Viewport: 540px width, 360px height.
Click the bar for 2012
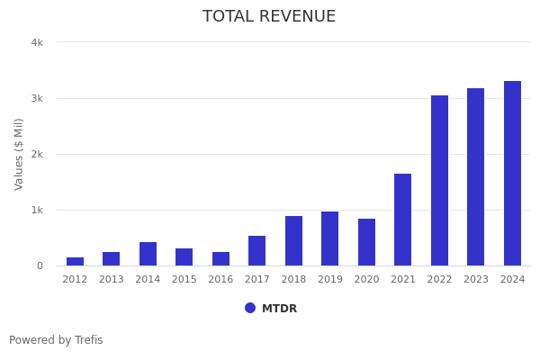coord(75,261)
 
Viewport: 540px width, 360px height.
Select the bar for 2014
coord(148,254)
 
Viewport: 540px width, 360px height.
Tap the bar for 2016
coord(220,258)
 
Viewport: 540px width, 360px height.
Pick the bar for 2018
coord(293,240)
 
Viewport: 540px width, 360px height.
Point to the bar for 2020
coord(366,242)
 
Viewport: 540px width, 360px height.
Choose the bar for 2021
coord(403,220)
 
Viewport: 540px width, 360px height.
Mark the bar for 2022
coord(439,180)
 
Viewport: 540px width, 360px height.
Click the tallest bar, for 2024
coord(512,173)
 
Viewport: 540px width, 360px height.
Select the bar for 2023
coord(476,176)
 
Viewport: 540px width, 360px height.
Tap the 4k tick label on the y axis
coord(37,42)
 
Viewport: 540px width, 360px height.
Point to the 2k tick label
coord(37,154)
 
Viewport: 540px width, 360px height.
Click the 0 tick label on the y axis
coord(40,265)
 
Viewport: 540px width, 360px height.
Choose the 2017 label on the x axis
coord(256,280)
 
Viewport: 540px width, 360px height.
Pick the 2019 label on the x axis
coord(329,280)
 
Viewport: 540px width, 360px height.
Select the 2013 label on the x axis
coord(111,280)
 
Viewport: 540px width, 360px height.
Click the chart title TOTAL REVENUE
coord(269,17)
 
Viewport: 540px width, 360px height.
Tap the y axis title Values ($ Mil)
coord(19,154)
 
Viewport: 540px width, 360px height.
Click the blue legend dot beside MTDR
coord(250,308)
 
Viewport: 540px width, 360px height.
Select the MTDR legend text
coord(279,309)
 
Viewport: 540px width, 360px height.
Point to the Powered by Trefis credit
coord(56,340)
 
